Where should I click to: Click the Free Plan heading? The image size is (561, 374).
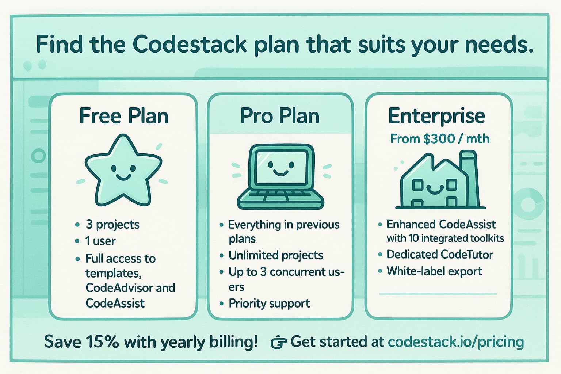(124, 116)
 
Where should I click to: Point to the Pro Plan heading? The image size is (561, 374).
(280, 116)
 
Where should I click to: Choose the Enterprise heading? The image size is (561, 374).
(436, 116)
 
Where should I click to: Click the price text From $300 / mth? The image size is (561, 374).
(440, 139)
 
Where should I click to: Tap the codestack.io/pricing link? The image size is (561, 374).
(455, 342)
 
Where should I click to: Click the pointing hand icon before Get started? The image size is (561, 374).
(279, 343)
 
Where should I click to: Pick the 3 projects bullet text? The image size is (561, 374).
(112, 224)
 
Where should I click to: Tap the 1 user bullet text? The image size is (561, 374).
(100, 241)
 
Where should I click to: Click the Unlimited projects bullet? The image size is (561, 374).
(276, 255)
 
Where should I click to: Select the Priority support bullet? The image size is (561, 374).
(269, 303)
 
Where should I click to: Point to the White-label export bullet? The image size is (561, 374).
(434, 271)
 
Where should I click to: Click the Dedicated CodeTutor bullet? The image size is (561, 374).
(440, 254)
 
